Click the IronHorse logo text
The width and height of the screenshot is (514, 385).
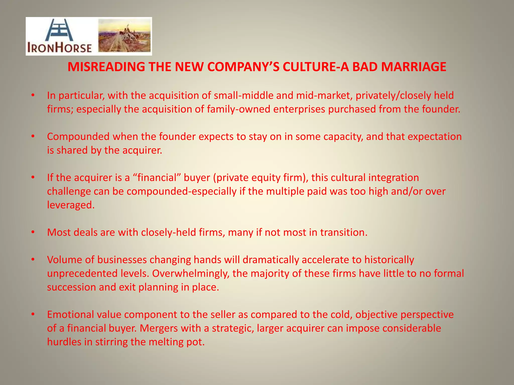click(59, 48)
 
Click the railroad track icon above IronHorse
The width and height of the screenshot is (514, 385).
click(59, 30)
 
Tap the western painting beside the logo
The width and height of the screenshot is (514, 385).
click(124, 36)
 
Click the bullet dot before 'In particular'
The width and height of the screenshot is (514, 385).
click(33, 95)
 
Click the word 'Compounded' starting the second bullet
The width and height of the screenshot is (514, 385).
click(78, 137)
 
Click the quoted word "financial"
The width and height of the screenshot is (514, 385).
click(156, 177)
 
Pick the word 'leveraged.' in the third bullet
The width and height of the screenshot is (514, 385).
click(71, 205)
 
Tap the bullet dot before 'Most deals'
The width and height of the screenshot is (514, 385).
click(33, 232)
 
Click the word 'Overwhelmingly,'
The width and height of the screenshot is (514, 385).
click(191, 273)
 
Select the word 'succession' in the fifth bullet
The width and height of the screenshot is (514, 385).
click(71, 287)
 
